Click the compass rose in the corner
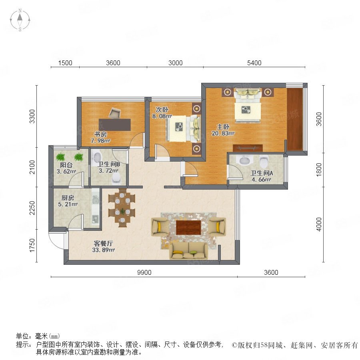20,20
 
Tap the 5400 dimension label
254,63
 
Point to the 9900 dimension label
144,272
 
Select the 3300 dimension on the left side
32,116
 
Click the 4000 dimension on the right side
319,224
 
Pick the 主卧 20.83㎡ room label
223,130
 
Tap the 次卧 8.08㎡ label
162,113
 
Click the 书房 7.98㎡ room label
100,137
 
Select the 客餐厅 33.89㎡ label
103,246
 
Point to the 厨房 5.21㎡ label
68,201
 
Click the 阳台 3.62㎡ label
66,168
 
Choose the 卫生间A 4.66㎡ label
262,176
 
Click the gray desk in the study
115,125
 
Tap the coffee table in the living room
188,227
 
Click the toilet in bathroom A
264,161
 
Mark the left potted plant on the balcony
60,157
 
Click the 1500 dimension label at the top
65,63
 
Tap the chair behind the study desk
114,113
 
